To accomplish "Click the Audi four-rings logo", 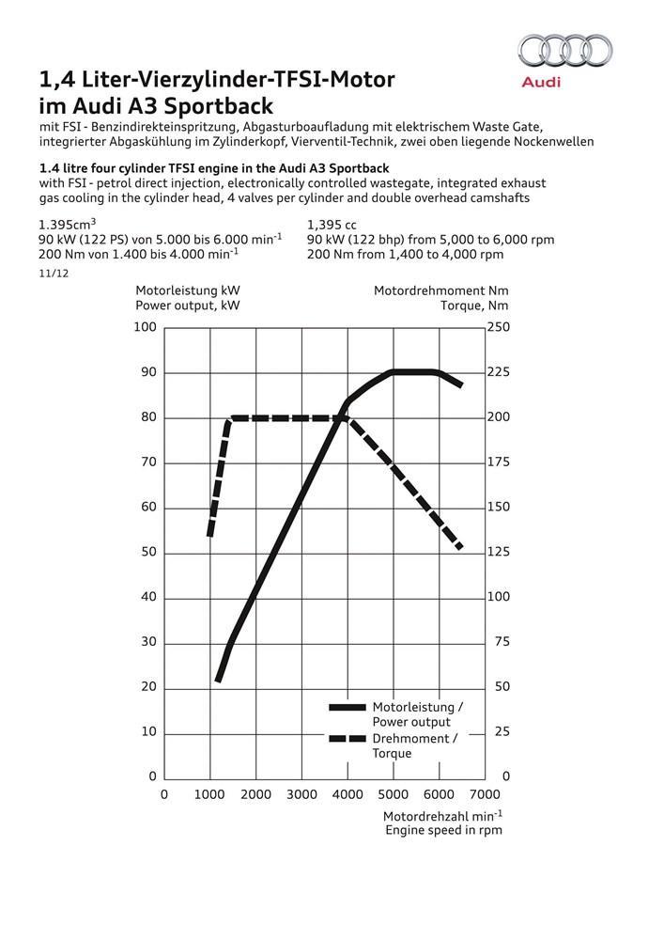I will coord(565,50).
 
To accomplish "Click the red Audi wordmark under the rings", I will coord(541,82).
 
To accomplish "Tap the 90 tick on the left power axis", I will coord(147,373).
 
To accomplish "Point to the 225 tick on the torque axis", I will coord(498,373).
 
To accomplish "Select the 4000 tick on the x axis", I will coord(347,794).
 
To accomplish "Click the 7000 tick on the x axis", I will coord(486,794).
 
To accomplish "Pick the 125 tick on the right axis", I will coord(498,553).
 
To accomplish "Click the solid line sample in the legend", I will coord(347,707).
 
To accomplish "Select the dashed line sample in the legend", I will coord(347,739).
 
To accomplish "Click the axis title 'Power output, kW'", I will coord(187,305).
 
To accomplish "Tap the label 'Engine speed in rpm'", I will coord(443,830).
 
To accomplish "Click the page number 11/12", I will coord(54,274).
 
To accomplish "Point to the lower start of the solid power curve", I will coord(218,680).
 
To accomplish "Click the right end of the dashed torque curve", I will coord(460,547).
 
